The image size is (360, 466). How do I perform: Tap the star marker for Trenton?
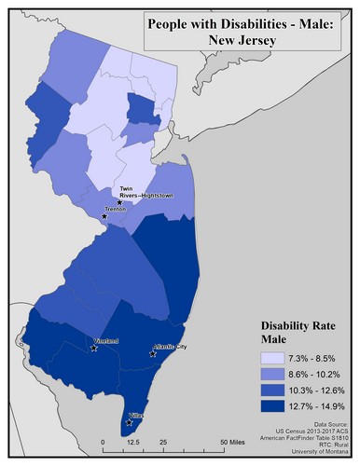(104, 216)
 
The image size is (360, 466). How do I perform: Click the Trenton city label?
(117, 211)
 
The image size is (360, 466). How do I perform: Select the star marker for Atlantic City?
(154, 353)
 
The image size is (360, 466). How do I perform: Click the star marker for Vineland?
(93, 349)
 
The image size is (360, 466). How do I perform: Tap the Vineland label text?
(106, 341)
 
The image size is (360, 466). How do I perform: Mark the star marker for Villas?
(129, 422)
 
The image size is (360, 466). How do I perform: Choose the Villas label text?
(136, 416)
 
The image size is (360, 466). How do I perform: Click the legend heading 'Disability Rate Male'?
(297, 335)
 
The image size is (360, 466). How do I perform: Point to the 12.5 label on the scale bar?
(133, 443)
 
